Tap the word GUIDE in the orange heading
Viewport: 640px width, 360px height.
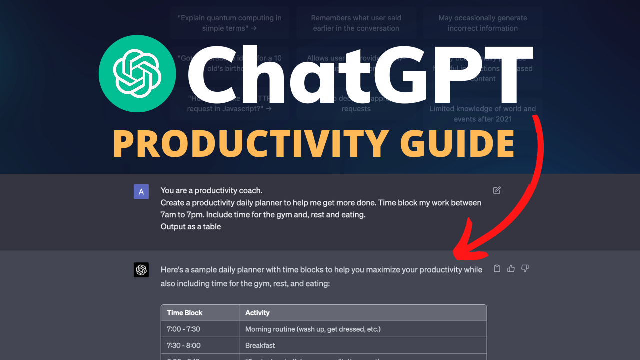coord(457,143)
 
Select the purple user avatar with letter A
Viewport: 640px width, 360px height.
coord(141,191)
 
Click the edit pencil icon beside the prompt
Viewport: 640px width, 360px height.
coord(497,190)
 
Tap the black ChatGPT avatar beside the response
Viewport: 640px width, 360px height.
coord(141,270)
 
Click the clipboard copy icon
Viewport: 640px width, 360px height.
coord(497,269)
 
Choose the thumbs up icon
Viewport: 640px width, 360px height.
coord(511,269)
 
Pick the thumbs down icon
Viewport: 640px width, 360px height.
coord(525,269)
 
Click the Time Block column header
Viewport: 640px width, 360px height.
coord(185,313)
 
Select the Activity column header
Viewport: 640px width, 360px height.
coord(257,313)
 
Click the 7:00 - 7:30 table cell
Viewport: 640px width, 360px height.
coord(183,329)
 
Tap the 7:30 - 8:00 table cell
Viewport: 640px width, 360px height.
coord(183,345)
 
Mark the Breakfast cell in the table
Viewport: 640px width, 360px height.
coord(260,345)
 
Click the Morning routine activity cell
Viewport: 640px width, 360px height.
coord(313,329)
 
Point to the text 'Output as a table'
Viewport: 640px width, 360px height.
coord(191,227)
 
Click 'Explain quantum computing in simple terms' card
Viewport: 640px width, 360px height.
coord(229,23)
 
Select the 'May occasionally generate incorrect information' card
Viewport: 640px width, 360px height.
coord(483,23)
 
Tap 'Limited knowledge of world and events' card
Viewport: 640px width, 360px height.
coord(483,114)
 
